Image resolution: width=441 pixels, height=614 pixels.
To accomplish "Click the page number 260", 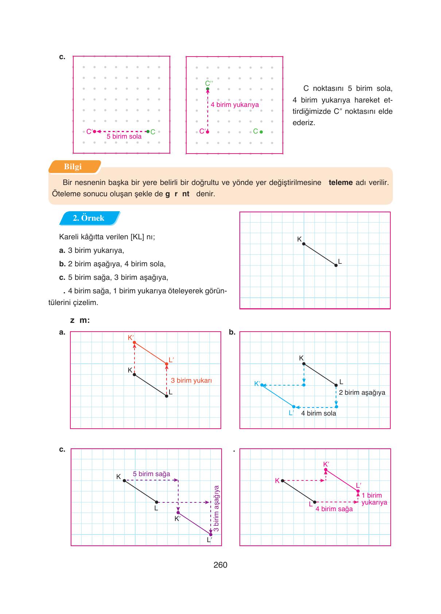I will point(220,565).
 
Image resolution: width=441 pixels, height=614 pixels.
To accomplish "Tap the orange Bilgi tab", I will point(73,167).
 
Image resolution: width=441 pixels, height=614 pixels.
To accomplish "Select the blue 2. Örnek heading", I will point(89,218).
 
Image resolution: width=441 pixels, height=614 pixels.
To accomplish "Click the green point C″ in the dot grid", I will point(208,89).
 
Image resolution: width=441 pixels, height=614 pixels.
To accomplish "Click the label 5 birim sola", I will point(124,136).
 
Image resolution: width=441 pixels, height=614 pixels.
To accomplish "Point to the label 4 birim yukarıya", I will point(235,105).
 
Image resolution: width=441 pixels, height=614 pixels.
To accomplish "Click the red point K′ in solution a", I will point(134,343).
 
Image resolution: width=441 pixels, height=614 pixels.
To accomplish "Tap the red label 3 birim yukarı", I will point(191,381).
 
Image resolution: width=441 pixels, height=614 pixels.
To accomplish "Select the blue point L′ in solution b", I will point(294,407).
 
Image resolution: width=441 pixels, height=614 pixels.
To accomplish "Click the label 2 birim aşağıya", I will point(362,393).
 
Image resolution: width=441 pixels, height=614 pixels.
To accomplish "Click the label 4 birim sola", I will point(319,413).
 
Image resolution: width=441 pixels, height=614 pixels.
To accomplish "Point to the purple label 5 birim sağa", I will point(151,474).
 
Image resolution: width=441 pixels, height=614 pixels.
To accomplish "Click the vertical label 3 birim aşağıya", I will point(216,508).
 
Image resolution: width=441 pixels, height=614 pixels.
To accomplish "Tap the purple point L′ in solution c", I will point(211,534).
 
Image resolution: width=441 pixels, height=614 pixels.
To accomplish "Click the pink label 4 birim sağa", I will point(334,509).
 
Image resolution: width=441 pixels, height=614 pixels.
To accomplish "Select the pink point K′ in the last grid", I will point(326,470).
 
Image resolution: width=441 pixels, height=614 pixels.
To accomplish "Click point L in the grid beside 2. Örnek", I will point(336,266).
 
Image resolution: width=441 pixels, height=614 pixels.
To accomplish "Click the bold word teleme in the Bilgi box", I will point(340,182).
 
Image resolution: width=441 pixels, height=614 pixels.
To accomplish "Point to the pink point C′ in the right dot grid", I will point(208,132).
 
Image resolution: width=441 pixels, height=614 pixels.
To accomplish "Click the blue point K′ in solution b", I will point(262,385).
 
